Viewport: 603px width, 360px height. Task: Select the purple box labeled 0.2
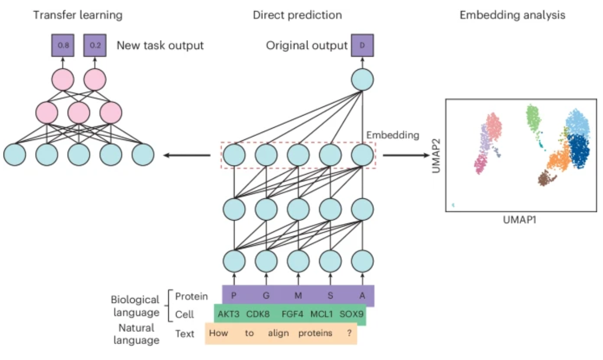[x=94, y=46]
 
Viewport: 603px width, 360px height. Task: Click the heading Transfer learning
[x=77, y=15]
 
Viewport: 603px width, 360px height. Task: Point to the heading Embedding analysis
[x=512, y=15]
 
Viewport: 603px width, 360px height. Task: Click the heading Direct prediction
[x=297, y=15]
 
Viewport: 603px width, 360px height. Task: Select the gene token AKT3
[x=229, y=315]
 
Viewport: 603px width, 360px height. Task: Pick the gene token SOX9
[x=351, y=315]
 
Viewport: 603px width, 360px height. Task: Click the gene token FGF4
[x=292, y=315]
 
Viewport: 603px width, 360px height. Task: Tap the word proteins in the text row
[x=315, y=333]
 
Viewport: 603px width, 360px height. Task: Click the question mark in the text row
[x=348, y=333]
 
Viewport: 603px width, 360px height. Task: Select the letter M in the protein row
[x=298, y=295]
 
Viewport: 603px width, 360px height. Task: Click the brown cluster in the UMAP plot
[x=546, y=179]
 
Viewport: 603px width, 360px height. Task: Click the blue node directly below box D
[x=362, y=79]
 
